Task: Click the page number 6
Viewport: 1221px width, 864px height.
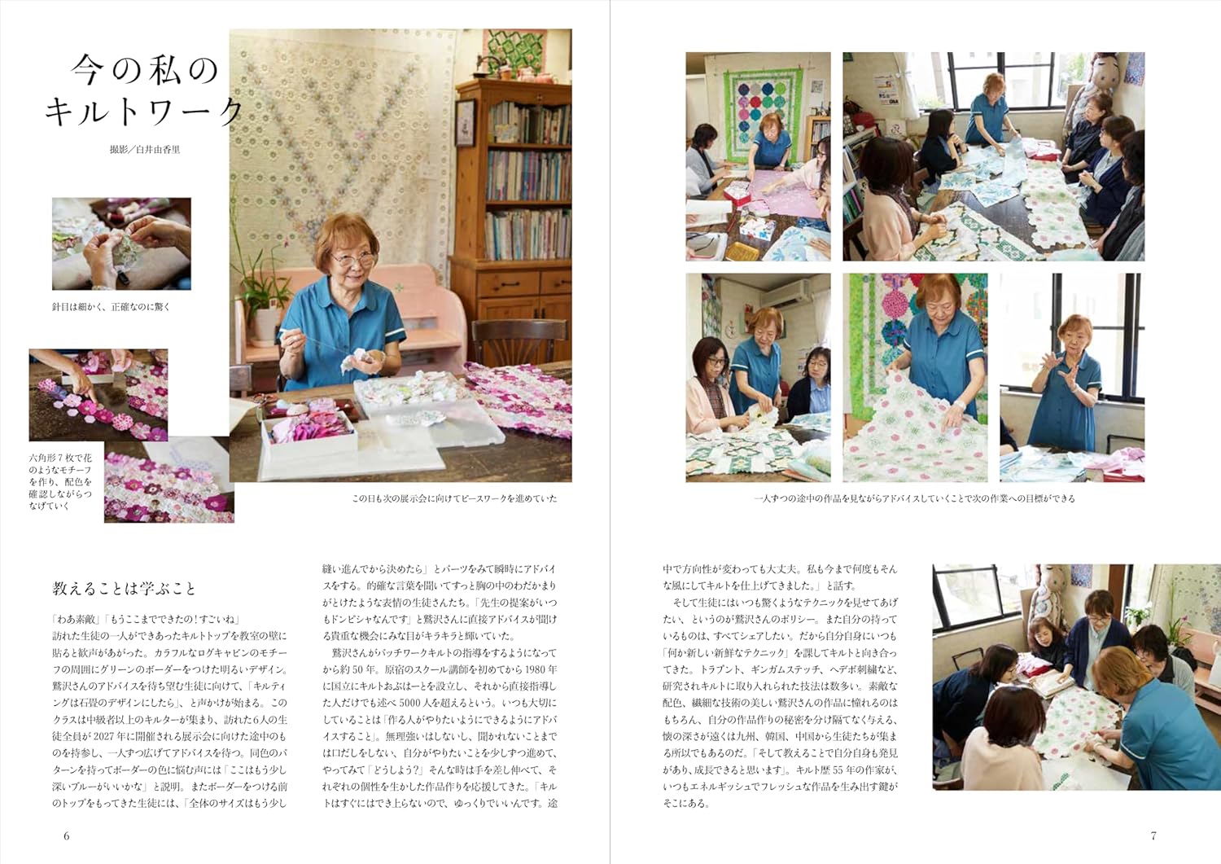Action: click(67, 835)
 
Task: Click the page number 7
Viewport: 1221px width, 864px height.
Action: click(1153, 835)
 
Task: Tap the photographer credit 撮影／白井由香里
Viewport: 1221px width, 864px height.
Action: click(144, 150)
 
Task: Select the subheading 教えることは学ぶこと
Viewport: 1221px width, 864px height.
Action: click(124, 589)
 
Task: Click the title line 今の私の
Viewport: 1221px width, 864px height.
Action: click(145, 70)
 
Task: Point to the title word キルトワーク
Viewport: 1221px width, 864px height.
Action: click(143, 112)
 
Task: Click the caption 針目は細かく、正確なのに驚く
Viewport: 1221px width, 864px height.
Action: click(112, 307)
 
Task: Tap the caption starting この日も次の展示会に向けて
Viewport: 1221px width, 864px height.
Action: click(454, 498)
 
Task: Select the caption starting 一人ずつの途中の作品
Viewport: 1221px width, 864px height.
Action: click(915, 498)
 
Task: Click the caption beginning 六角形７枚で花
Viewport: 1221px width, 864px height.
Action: click(60, 482)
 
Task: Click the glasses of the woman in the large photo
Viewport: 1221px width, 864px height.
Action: click(352, 258)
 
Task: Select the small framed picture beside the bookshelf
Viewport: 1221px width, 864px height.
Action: click(466, 123)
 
